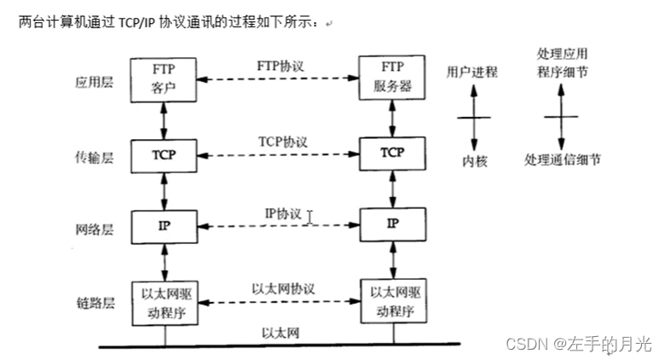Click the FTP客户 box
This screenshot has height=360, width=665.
(x=165, y=78)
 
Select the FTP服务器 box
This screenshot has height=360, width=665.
(x=392, y=78)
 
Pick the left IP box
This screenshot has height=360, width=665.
(x=165, y=224)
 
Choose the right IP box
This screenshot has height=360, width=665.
(x=392, y=224)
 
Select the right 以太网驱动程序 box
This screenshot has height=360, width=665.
(x=392, y=302)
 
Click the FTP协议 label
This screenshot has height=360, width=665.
(x=279, y=65)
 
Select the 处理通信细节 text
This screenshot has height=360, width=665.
(x=562, y=160)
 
